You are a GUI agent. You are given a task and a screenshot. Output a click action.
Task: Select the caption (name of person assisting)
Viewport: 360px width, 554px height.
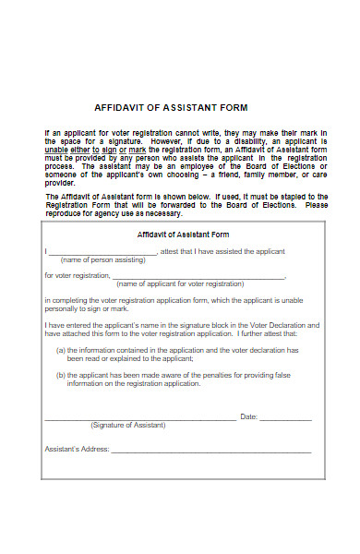pyautogui.click(x=96, y=260)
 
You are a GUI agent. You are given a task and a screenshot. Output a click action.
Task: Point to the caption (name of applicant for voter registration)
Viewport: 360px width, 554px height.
pyautogui.click(x=193, y=284)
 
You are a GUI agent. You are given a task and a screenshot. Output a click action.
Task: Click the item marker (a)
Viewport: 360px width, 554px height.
pyautogui.click(x=60, y=350)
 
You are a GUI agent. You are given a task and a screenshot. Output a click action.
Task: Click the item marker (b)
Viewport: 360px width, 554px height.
pyautogui.click(x=60, y=375)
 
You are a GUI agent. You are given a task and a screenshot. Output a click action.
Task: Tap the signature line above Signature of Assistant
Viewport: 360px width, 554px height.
pyautogui.click(x=138, y=419)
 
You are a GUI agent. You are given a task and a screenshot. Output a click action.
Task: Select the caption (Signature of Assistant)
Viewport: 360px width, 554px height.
pyautogui.click(x=128, y=425)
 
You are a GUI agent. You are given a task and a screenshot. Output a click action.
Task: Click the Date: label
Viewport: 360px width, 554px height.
pyautogui.click(x=248, y=417)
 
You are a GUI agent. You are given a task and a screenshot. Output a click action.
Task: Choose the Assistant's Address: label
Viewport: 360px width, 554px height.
pyautogui.click(x=77, y=450)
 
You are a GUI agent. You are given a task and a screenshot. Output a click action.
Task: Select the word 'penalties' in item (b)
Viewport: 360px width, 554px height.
pyautogui.click(x=208, y=375)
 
